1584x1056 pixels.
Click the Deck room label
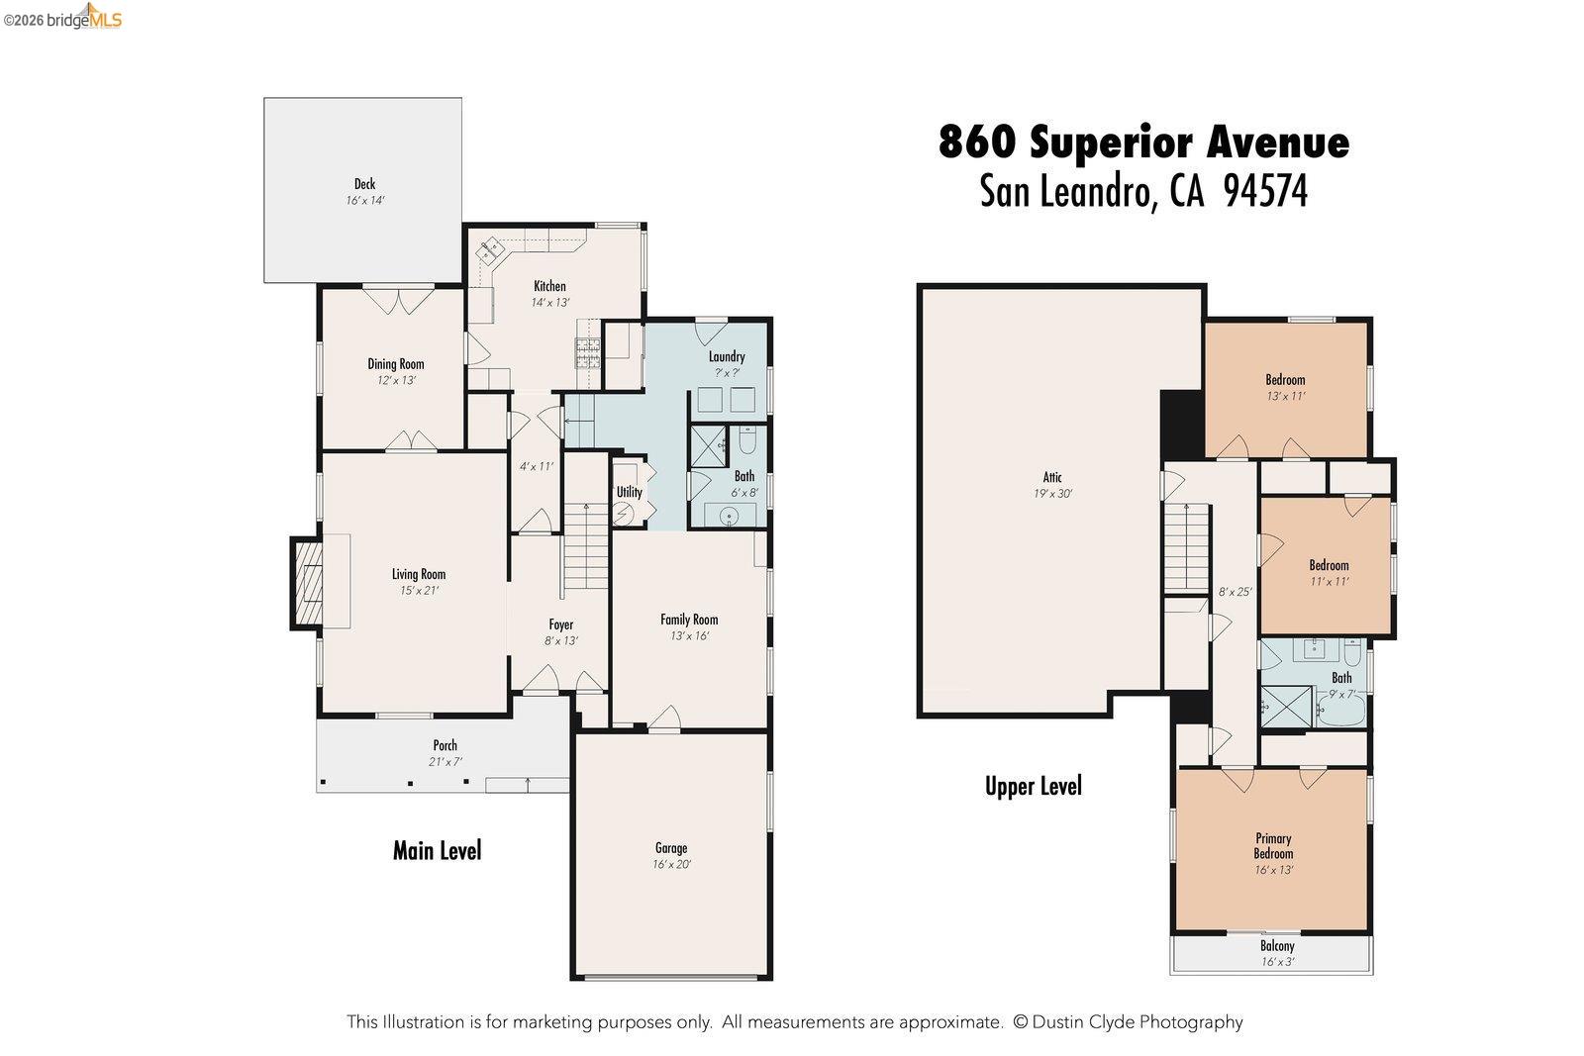click(x=364, y=184)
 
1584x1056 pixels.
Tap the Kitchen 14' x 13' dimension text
click(x=549, y=303)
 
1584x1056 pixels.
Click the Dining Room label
click(x=395, y=364)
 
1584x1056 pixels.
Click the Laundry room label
click(x=726, y=356)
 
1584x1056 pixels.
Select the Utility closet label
click(x=629, y=492)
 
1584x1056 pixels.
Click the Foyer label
click(x=560, y=624)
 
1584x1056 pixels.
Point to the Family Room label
click(x=689, y=620)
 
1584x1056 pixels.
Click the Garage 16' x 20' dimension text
click(x=670, y=864)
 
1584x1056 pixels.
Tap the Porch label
click(x=445, y=745)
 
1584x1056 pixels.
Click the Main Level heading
click(x=437, y=850)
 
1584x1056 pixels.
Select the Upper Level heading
click(x=1033, y=786)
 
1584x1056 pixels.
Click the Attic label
click(x=1051, y=477)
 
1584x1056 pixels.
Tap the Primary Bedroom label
click(x=1273, y=845)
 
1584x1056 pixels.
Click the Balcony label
click(x=1277, y=946)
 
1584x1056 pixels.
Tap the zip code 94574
click(x=1265, y=191)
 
